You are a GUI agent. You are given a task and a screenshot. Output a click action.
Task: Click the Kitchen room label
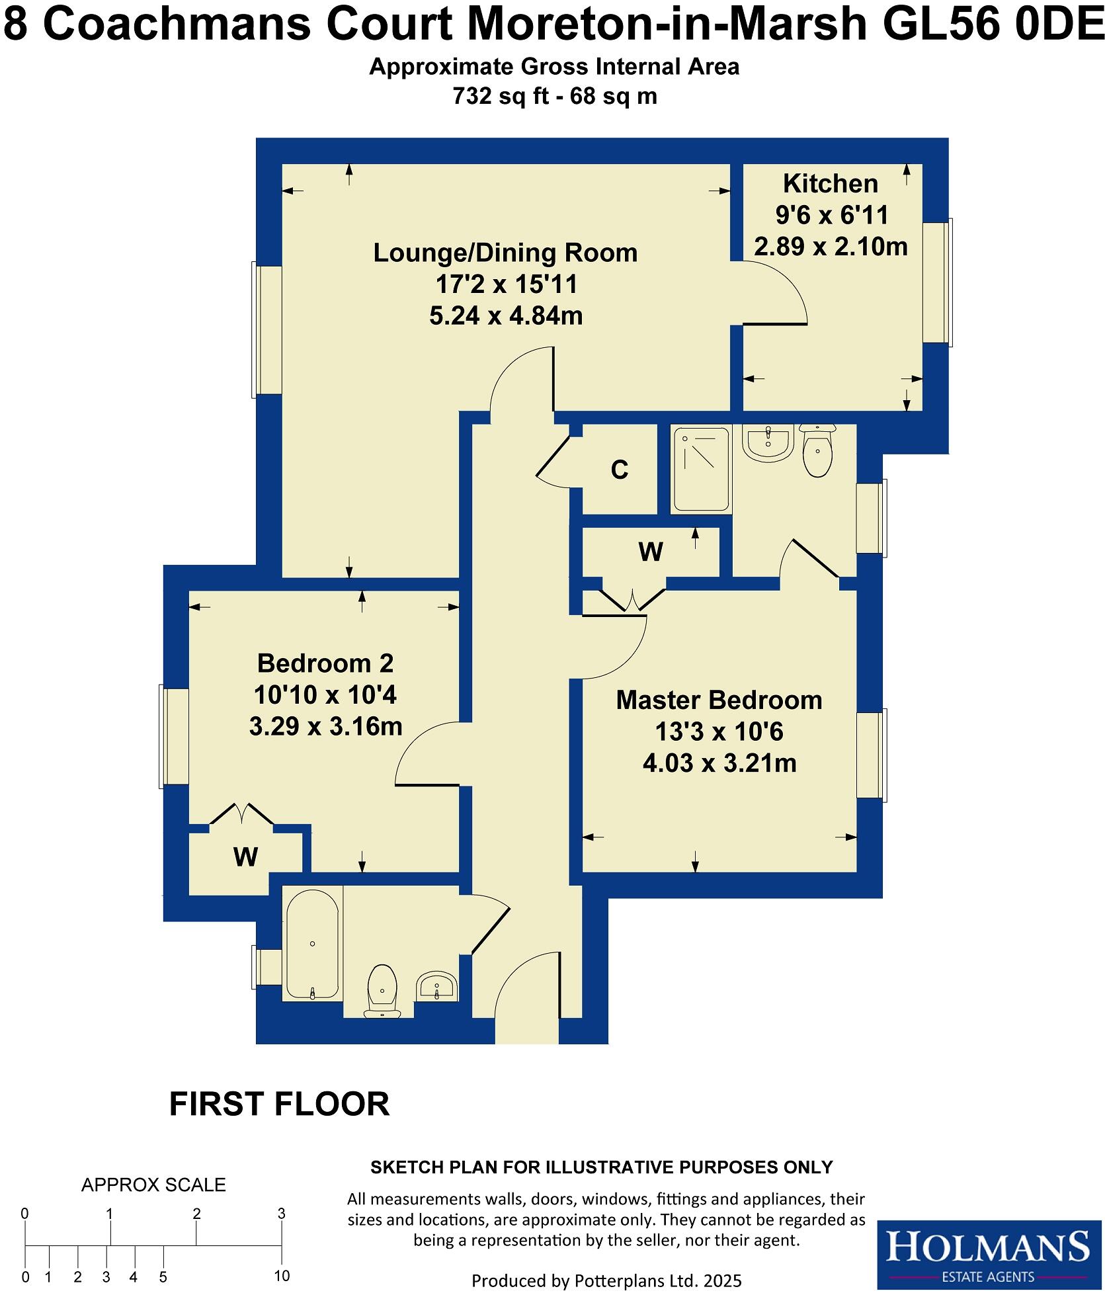click(830, 183)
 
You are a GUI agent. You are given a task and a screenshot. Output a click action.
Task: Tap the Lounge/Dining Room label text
click(505, 253)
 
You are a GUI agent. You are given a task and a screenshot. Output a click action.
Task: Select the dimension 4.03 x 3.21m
click(719, 763)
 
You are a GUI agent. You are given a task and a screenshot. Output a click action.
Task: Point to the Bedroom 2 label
click(325, 663)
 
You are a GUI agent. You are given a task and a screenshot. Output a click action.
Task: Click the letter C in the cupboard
click(619, 470)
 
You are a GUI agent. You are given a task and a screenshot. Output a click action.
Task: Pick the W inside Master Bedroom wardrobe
click(651, 552)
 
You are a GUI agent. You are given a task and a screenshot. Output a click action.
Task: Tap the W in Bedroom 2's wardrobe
click(245, 857)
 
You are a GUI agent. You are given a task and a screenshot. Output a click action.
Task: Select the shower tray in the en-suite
click(700, 470)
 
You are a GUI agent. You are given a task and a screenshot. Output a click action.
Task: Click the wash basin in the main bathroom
click(436, 986)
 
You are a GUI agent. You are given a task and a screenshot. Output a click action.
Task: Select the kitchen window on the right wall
click(938, 282)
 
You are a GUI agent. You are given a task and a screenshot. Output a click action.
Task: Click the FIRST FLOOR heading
click(279, 1104)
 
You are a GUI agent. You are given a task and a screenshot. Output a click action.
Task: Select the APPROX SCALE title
click(153, 1185)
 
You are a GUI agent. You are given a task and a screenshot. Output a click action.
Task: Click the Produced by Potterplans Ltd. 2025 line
click(606, 1280)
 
